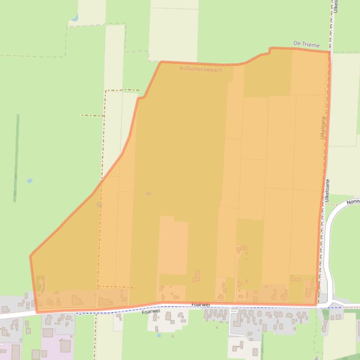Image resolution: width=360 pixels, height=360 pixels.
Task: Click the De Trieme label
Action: [306, 44]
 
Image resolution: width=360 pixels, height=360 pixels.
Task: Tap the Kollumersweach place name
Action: [201, 69]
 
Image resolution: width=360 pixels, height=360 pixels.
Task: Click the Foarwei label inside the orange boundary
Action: [201, 304]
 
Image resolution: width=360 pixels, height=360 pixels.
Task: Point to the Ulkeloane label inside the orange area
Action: [323, 127]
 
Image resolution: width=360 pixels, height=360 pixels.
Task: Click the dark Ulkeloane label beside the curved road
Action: [328, 189]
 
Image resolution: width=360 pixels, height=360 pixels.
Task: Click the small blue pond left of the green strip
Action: [30, 180]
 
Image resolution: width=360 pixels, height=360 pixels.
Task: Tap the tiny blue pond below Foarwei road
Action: [159, 335]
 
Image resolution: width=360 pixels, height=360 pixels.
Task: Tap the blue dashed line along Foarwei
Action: [341, 308]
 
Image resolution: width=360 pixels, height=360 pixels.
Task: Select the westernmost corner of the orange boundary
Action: [30, 256]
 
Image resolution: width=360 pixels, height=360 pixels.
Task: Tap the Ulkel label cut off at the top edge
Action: [336, 7]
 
